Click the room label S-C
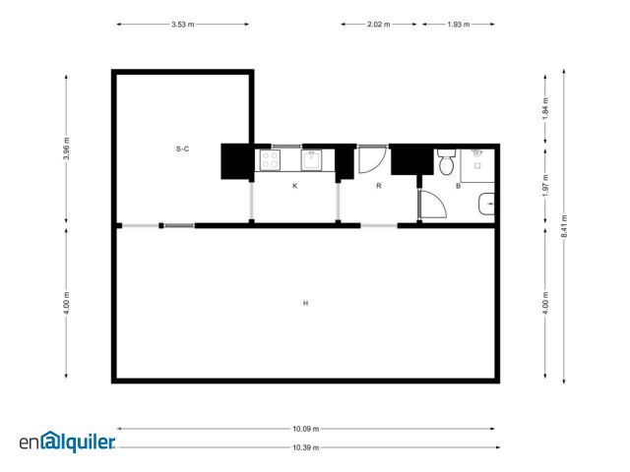(x=182, y=148)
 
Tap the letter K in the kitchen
(x=295, y=186)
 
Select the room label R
(x=378, y=186)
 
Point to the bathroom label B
(x=458, y=186)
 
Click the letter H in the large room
(x=306, y=303)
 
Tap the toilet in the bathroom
(x=446, y=161)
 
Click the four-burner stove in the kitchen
(x=270, y=159)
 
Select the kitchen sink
(x=311, y=159)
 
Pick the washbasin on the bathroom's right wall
(x=486, y=204)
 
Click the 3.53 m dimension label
(x=183, y=24)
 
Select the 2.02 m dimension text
(x=378, y=24)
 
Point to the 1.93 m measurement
(x=459, y=24)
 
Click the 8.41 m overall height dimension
(x=564, y=226)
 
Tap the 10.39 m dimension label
(x=306, y=447)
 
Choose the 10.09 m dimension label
(x=306, y=429)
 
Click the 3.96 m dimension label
(x=66, y=148)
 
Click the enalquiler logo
(x=67, y=442)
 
